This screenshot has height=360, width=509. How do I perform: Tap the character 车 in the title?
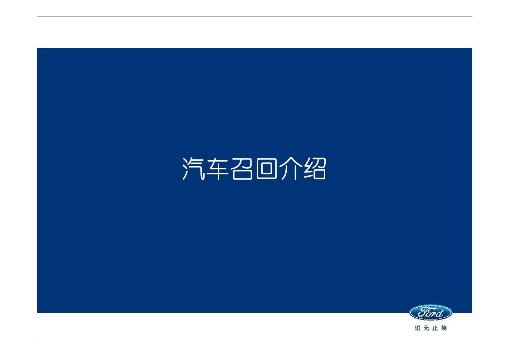click(216, 169)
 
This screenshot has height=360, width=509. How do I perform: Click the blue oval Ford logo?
click(431, 312)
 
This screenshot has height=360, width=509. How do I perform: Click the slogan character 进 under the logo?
click(417, 328)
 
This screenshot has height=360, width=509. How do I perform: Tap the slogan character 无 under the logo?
click(426, 328)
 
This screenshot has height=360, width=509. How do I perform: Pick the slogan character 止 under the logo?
click(436, 328)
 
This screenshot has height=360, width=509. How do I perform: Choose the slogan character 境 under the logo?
click(444, 328)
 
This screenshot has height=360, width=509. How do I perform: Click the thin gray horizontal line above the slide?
click(254, 17)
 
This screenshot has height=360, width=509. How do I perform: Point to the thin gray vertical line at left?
click(37, 182)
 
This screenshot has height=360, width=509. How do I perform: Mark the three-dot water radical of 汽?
click(185, 169)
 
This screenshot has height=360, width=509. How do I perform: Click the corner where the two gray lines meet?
click(37, 17)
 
